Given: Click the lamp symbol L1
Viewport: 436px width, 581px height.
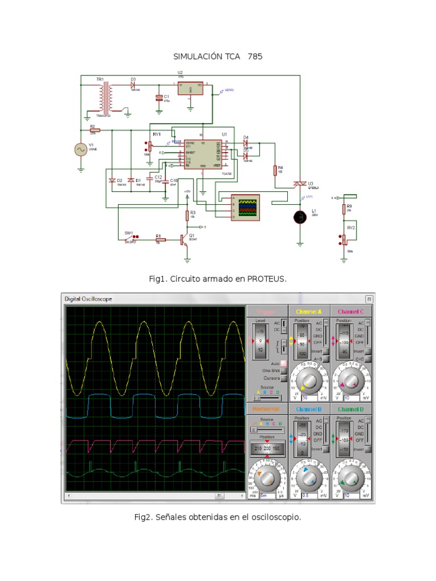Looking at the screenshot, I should pyautogui.click(x=300, y=217).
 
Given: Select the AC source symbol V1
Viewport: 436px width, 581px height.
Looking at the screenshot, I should pyautogui.click(x=81, y=149).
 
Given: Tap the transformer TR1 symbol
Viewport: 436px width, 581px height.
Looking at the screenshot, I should pyautogui.click(x=104, y=98).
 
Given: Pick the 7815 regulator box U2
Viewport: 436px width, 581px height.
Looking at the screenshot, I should pyautogui.click(x=190, y=89).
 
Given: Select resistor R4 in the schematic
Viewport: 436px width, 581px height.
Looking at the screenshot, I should pyautogui.click(x=274, y=170).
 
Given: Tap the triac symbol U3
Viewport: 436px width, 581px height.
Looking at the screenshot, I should pyautogui.click(x=299, y=183).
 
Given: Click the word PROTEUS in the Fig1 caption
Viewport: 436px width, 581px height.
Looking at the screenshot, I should pyautogui.click(x=266, y=279).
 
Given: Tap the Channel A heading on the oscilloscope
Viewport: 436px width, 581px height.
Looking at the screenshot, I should pyautogui.click(x=309, y=311).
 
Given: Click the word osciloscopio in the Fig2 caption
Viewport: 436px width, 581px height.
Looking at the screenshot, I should pyautogui.click(x=276, y=517).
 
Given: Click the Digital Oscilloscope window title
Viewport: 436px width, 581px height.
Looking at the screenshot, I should pyautogui.click(x=89, y=299).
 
